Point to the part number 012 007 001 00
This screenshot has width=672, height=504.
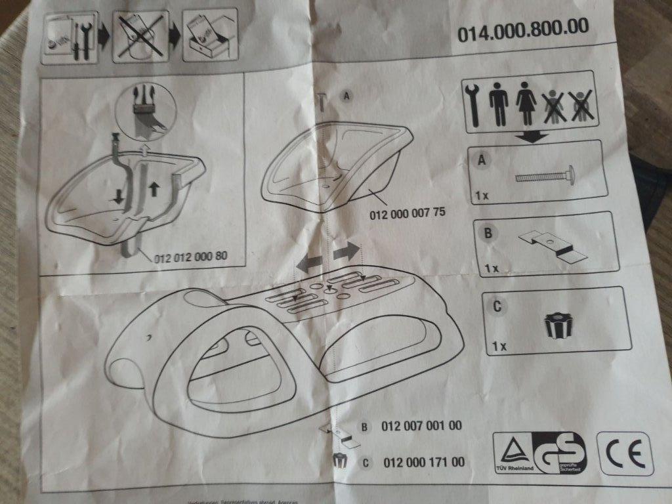coord(421,426)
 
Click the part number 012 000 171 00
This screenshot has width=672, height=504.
coord(423,462)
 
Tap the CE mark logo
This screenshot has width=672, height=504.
coord(625,453)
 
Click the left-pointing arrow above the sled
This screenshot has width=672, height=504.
coord(310,262)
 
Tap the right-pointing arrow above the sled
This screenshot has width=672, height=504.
coord(347,251)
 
